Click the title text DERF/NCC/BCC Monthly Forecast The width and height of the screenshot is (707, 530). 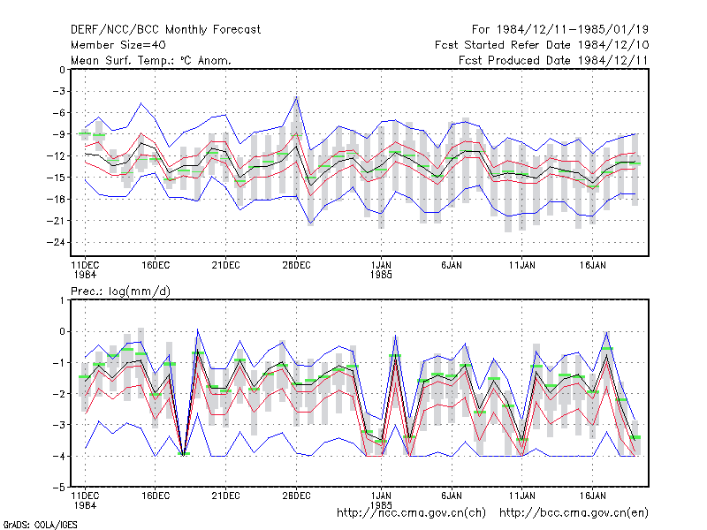165,30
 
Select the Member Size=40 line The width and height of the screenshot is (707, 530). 118,45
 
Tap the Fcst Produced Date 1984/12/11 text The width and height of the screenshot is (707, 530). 553,60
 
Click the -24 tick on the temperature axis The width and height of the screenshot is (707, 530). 56,242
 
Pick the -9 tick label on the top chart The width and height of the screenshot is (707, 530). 58,134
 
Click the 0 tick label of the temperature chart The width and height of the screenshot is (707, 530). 62,70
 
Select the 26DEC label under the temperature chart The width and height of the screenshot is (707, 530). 296,266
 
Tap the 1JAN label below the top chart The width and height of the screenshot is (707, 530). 381,266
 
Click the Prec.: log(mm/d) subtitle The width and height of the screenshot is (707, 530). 120,291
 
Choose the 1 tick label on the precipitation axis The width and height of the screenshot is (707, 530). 62,300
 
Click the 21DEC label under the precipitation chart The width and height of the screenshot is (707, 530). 226,496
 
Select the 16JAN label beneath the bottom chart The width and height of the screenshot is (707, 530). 592,496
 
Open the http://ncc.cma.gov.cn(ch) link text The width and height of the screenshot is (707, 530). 411,513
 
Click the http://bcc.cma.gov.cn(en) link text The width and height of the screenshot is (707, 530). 574,513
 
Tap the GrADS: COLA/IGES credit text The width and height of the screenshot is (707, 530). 40,525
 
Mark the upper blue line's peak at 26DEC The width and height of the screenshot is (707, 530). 296,96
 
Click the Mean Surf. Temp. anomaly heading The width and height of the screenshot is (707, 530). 151,60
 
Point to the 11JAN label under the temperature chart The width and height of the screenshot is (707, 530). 522,266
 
